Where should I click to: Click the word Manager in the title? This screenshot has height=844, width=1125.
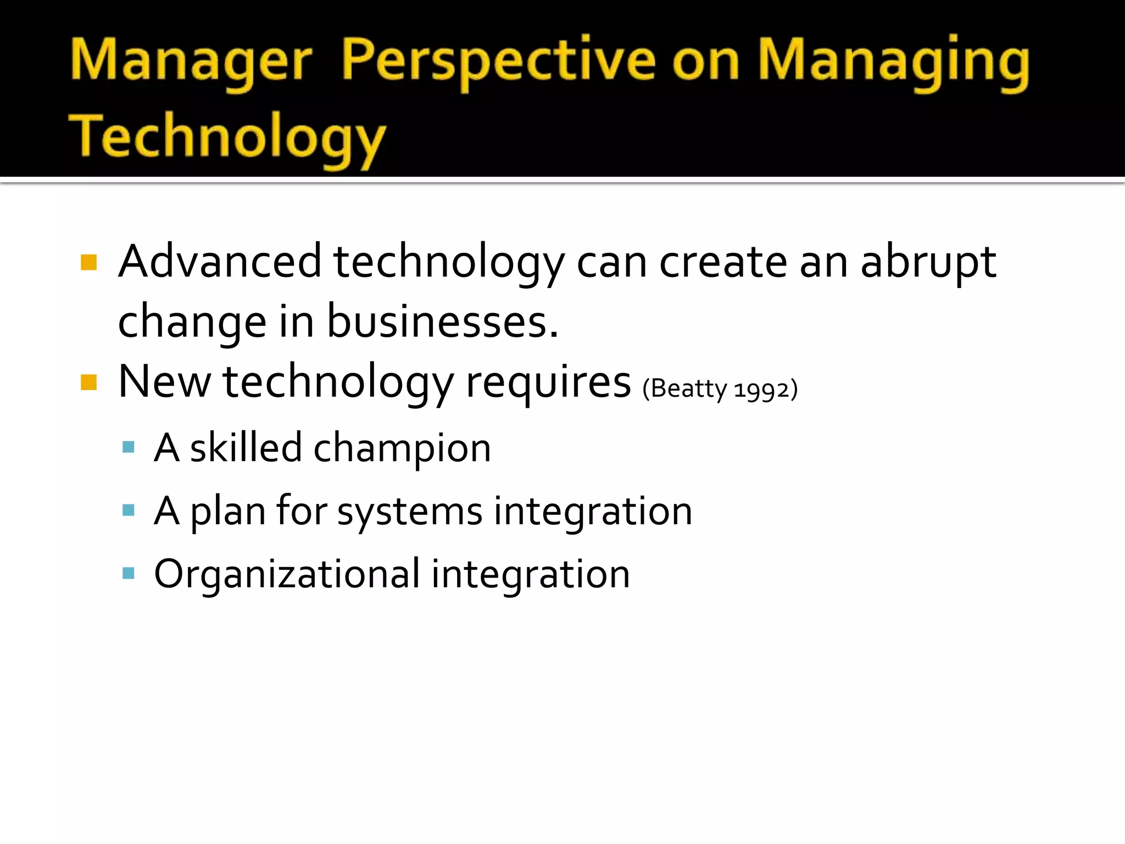[x=191, y=62]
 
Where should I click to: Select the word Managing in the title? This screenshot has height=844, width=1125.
[x=893, y=62]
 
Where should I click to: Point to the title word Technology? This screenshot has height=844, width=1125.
[x=227, y=137]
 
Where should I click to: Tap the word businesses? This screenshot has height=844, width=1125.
[x=442, y=322]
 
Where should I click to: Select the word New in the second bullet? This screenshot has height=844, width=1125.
[x=164, y=382]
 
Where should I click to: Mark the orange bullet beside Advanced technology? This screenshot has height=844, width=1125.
[x=88, y=262]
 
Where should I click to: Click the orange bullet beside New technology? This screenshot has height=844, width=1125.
[x=88, y=382]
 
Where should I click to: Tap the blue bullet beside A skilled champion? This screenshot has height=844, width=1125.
[x=129, y=447]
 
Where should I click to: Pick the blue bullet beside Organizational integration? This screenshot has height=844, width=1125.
[x=129, y=574]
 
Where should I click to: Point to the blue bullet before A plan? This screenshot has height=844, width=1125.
[x=129, y=510]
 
